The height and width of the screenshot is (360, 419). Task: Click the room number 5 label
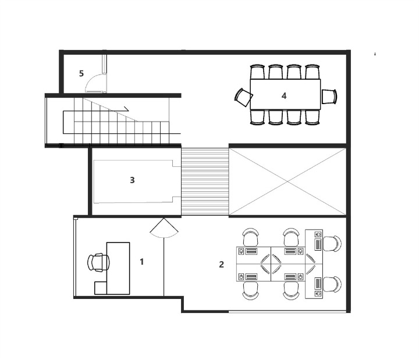[x=81, y=73]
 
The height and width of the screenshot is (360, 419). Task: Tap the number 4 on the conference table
[x=284, y=95]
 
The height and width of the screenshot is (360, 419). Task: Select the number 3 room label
[x=132, y=180]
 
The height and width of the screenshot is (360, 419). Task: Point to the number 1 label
[x=142, y=262]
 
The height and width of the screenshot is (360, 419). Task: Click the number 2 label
[x=221, y=265]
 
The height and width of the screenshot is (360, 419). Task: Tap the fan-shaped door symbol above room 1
[x=164, y=229]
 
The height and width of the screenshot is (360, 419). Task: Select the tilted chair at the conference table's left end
[x=243, y=98]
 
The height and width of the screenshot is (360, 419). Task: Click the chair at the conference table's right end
[x=329, y=97]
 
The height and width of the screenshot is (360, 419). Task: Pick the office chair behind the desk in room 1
[x=98, y=262]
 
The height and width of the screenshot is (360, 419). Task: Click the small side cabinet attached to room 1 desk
[x=101, y=288]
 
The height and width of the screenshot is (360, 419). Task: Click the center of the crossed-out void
[x=287, y=181]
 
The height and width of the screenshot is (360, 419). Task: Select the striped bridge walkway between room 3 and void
[x=205, y=181]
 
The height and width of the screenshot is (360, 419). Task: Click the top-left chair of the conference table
[x=257, y=72]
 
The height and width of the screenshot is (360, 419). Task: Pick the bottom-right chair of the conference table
[x=313, y=117]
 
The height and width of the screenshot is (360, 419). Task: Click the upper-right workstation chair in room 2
[x=332, y=244]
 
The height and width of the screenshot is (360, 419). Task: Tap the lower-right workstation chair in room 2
[x=332, y=284]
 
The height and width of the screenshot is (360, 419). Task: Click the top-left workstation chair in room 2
[x=251, y=237]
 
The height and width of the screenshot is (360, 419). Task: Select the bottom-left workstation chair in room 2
[x=251, y=291]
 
